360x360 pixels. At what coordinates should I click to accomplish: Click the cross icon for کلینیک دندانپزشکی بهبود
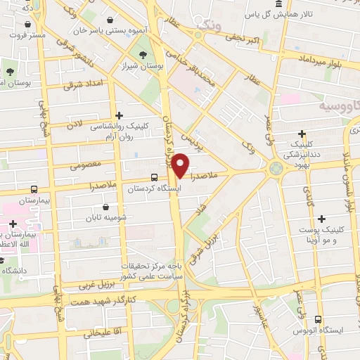[302, 134]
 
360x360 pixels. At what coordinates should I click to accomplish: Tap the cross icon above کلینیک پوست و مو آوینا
[322, 219]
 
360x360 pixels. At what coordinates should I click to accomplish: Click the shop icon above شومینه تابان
[106, 207]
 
